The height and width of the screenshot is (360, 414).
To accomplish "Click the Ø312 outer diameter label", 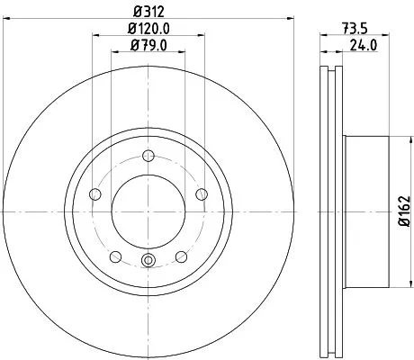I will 148,11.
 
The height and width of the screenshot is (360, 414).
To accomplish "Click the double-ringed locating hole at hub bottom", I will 148,263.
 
